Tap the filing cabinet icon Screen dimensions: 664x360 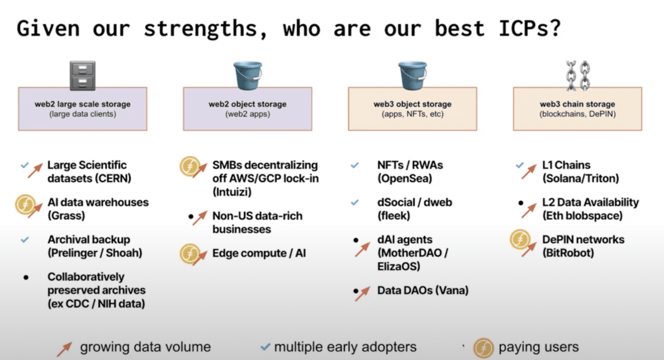click(x=82, y=76)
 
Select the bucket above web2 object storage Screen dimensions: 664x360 click(x=248, y=75)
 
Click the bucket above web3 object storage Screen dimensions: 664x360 click(x=413, y=75)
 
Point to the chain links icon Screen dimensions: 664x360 click(x=578, y=75)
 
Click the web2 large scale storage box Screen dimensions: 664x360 click(x=82, y=109)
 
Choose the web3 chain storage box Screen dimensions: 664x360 click(x=578, y=109)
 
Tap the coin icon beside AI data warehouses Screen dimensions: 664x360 click(x=25, y=204)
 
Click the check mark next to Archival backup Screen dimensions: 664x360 click(x=25, y=240)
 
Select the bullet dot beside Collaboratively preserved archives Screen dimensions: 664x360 click(x=26, y=278)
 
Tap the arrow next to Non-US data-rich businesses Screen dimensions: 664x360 click(x=200, y=217)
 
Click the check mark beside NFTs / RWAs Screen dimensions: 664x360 click(x=355, y=165)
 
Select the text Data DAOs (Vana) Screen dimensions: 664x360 click(x=423, y=291)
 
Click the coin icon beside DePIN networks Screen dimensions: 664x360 click(x=520, y=239)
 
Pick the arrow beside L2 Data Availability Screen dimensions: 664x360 click(x=529, y=211)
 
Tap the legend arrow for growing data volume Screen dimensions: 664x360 click(x=65, y=348)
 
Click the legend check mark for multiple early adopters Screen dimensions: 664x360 click(x=265, y=347)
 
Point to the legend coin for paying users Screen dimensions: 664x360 click(x=484, y=348)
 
